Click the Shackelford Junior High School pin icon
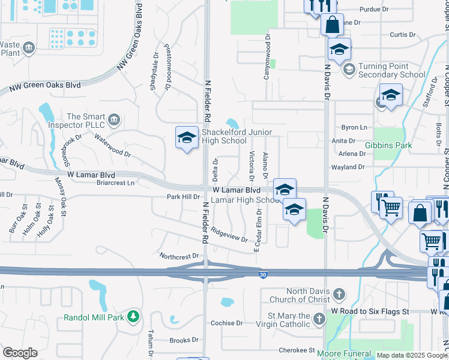click(187, 138)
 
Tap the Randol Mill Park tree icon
click(134, 317)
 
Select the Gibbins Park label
click(388, 146)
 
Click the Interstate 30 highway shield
click(263, 275)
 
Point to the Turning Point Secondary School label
click(391, 71)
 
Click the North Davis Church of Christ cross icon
click(339, 295)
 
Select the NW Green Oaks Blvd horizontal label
click(46, 87)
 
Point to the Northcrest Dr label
click(178, 256)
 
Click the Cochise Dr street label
click(226, 323)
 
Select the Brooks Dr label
click(179, 340)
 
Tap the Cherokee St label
click(297, 350)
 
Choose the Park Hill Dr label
click(182, 197)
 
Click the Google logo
click(20, 353)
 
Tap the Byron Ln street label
click(354, 128)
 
